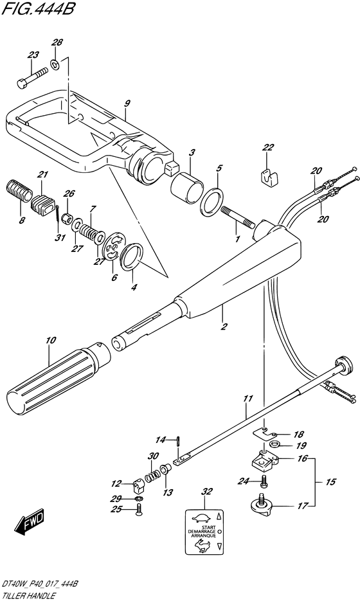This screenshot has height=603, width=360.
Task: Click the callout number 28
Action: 57,42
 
